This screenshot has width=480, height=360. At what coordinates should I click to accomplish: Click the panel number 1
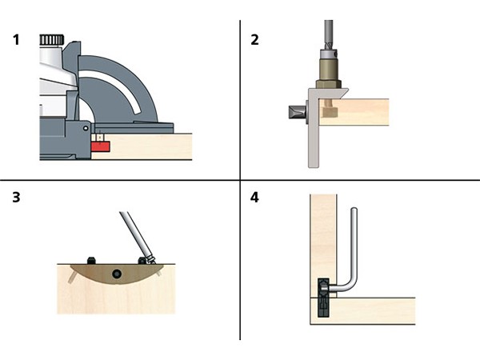(16, 39)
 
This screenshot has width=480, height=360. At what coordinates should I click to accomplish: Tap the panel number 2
(255, 39)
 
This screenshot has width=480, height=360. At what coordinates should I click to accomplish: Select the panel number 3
(16, 196)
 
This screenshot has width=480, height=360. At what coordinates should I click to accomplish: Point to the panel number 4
(255, 196)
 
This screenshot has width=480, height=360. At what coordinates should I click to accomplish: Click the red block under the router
(99, 145)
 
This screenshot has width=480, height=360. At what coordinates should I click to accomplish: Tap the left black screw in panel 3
(91, 261)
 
